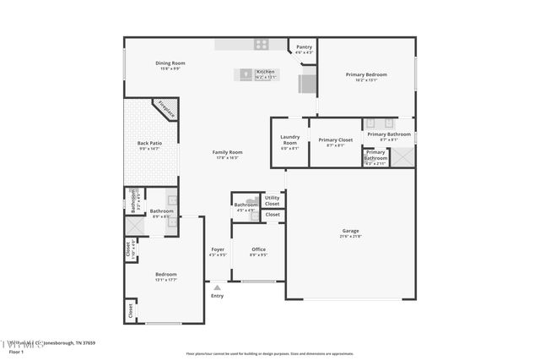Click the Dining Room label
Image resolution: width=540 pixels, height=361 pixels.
(170, 63)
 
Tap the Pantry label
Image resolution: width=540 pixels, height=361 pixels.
(304, 47)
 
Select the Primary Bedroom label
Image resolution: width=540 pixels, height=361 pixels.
(366, 74)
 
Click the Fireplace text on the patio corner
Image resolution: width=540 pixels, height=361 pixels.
(165, 109)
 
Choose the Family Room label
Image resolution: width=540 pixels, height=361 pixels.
(227, 152)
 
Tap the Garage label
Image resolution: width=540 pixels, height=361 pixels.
(350, 231)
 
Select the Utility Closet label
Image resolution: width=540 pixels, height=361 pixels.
(272, 200)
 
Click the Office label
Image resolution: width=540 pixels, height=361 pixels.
(259, 249)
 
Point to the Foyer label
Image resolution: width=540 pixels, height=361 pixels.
(218, 249)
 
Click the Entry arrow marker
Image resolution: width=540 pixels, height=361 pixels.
(217, 288)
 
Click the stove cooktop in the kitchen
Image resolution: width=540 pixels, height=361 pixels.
(262, 44)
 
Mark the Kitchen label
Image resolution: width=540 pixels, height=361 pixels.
(265, 72)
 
